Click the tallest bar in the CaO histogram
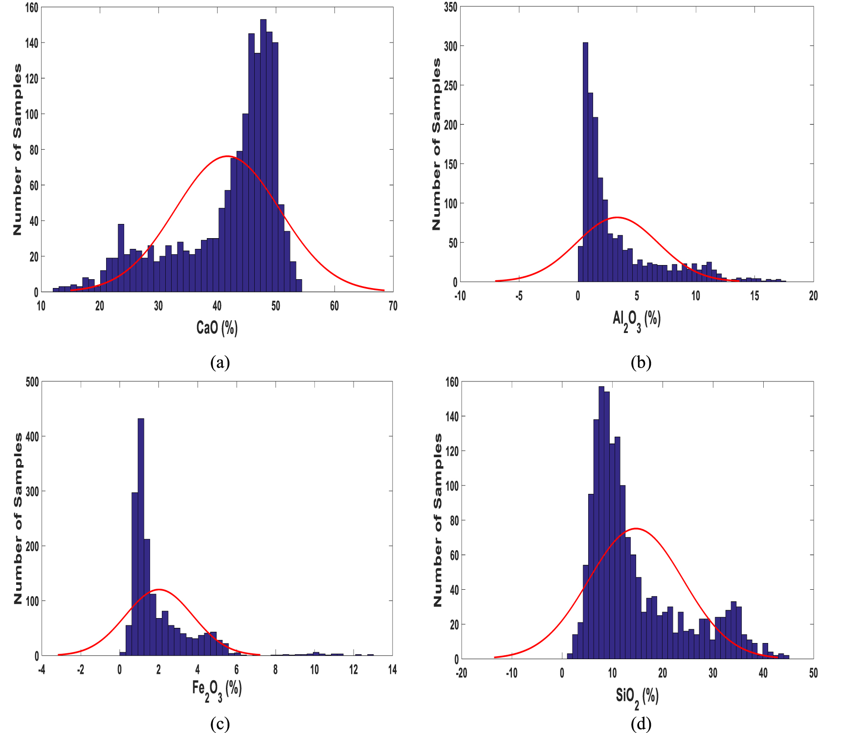click(263, 156)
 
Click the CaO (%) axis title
click(217, 328)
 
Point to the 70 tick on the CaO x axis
click(393, 306)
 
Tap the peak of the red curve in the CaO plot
click(227, 156)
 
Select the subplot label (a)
click(220, 362)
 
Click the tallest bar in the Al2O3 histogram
click(585, 161)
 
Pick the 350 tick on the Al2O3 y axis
click(450, 7)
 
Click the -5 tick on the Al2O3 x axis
click(519, 296)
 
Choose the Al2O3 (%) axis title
click(636, 321)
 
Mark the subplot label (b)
click(641, 362)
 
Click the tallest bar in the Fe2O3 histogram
click(141, 538)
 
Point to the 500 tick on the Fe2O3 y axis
click(32, 382)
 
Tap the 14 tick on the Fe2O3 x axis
click(392, 670)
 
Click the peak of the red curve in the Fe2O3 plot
click(159, 589)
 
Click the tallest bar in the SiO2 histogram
click(601, 523)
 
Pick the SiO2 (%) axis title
click(637, 697)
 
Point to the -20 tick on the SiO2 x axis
click(461, 673)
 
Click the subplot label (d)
click(641, 724)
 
